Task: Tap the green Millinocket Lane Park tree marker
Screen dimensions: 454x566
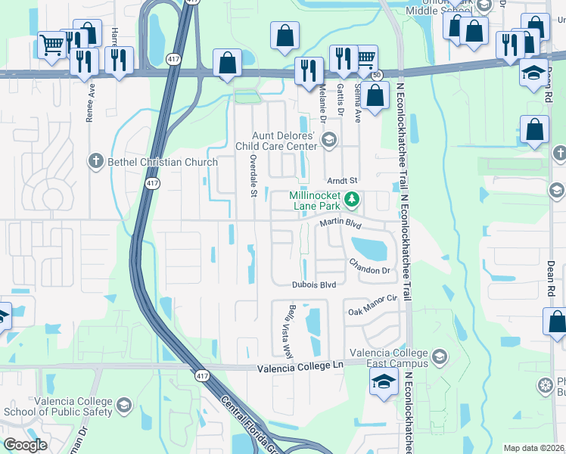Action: point(351,200)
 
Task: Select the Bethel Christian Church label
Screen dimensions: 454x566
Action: point(154,160)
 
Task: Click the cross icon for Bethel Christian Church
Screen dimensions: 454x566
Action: point(95,160)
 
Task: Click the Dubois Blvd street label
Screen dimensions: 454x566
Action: point(313,285)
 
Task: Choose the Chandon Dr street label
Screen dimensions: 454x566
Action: point(369,266)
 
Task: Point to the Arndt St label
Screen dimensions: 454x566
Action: point(341,181)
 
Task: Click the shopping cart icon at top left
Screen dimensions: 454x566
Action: point(51,45)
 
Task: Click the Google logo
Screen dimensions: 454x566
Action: point(25,445)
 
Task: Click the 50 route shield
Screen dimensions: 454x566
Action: point(376,74)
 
